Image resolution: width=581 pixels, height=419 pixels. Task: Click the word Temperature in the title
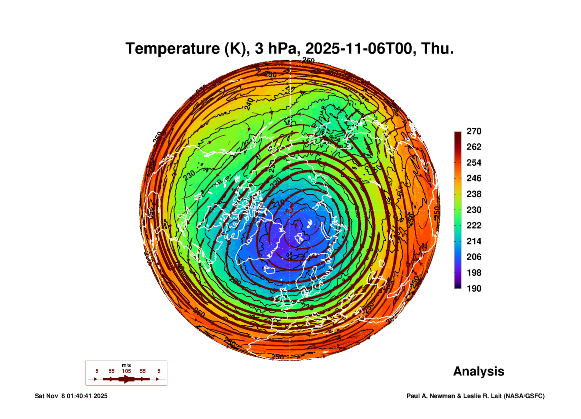pos(172,49)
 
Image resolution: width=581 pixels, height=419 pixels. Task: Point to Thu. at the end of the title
pos(437,49)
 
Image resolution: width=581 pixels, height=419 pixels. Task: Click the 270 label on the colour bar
pos(474,131)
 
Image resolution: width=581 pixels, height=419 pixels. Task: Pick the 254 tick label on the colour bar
pos(474,163)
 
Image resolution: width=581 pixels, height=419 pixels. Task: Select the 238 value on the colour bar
pos(474,194)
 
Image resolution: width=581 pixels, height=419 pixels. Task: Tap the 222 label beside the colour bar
pos(474,225)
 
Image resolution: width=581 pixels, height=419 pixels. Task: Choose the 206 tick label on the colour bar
pos(474,257)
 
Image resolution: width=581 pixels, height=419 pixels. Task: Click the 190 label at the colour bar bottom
pos(474,289)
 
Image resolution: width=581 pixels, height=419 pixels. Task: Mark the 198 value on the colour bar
pos(474,273)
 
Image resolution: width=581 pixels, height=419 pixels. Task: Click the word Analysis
pos(478,371)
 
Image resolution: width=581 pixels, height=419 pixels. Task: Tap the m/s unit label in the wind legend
pos(126,365)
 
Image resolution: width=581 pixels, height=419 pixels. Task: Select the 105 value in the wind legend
pos(126,371)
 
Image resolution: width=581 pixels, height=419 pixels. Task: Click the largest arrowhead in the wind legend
pos(126,379)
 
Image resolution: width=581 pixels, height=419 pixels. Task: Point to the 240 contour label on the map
pos(249,104)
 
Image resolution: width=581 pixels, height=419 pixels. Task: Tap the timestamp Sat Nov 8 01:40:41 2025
pos(71,396)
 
